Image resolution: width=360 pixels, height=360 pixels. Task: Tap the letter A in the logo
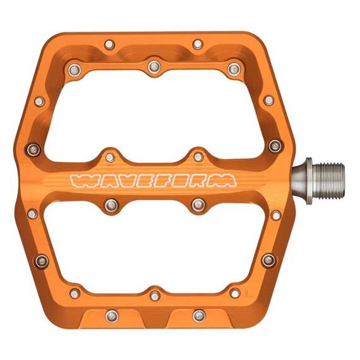point(107,181)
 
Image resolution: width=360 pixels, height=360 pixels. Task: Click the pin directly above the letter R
point(198,156)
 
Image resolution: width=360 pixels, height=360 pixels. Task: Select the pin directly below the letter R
point(198,204)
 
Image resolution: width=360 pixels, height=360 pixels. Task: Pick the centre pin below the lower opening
point(155,295)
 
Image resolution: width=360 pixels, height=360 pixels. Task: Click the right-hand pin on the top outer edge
point(198,44)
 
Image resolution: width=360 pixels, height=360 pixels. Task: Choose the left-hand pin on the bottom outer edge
point(112,314)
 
